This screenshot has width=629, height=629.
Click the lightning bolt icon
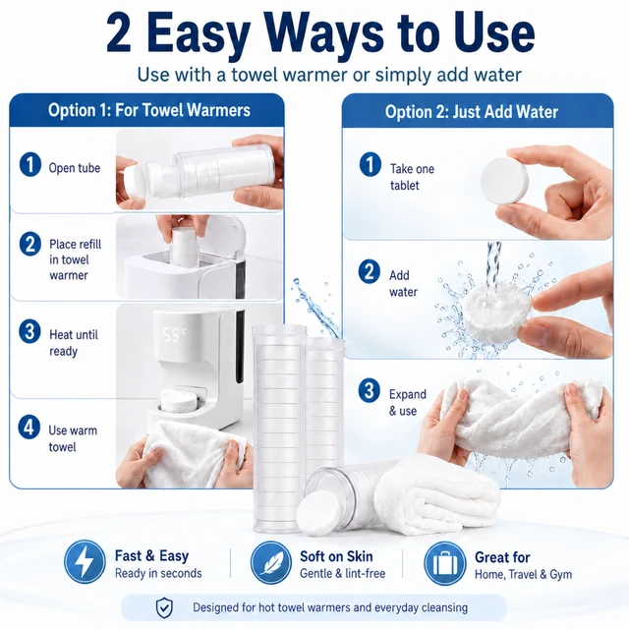click(85, 561)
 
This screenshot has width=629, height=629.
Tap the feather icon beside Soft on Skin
click(271, 562)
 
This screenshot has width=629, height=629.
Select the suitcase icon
click(445, 563)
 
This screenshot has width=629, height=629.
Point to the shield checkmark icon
click(164, 607)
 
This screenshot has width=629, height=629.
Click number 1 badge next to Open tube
click(30, 164)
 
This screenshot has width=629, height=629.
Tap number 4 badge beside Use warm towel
click(29, 427)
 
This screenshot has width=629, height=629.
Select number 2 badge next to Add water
click(370, 271)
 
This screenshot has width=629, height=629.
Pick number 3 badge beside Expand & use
click(370, 390)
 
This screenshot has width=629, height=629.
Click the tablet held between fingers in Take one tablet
click(504, 181)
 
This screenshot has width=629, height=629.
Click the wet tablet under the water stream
click(496, 310)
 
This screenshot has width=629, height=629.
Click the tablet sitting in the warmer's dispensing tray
click(179, 399)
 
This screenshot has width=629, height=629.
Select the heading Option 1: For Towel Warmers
click(149, 110)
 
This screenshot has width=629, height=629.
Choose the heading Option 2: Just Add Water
click(472, 112)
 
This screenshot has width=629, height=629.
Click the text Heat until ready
click(74, 343)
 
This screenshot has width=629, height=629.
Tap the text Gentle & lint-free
click(343, 574)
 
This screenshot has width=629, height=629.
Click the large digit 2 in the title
click(119, 33)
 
